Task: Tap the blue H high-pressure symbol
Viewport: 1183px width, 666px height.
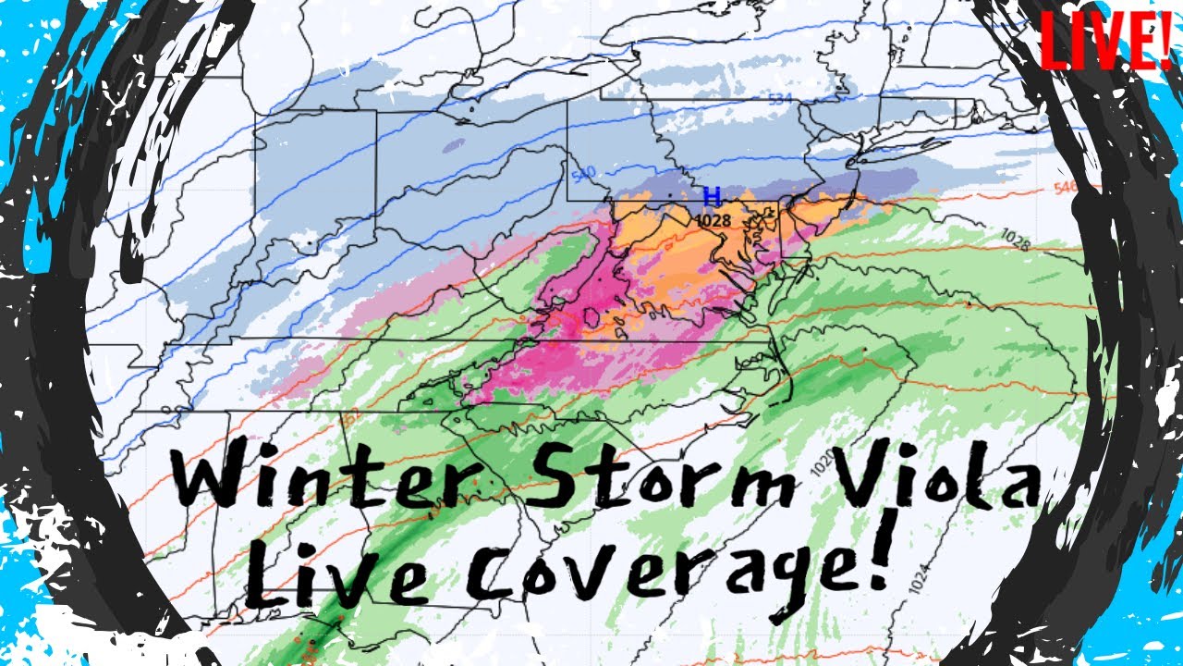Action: (712, 196)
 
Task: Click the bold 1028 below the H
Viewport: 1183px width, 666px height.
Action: (713, 221)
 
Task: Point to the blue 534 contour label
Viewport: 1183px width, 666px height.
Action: (782, 98)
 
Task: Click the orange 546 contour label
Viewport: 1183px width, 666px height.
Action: (1066, 187)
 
